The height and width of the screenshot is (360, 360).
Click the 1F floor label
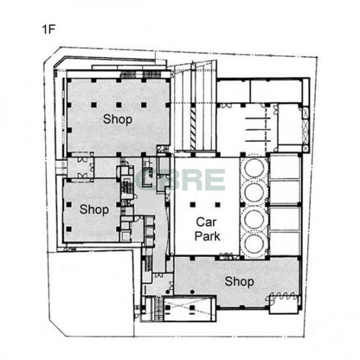[49, 29]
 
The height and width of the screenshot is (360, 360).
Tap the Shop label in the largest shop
[118, 119]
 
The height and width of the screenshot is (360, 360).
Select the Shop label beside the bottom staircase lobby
[240, 281]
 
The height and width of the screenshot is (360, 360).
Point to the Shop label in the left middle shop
[94, 210]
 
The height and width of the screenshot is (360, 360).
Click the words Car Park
[207, 229]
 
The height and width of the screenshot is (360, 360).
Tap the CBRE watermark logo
[180, 180]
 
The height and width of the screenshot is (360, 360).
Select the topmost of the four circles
[254, 167]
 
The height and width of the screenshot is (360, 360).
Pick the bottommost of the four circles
[254, 244]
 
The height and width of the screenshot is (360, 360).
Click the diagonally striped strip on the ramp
[193, 128]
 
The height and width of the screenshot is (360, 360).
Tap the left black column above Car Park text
[193, 204]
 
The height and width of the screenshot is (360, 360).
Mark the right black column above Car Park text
[218, 204]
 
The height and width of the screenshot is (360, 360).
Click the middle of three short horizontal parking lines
[258, 130]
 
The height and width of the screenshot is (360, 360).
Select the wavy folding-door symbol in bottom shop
[281, 296]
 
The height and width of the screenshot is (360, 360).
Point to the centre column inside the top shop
[118, 105]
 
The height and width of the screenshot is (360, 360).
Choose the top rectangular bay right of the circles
[285, 167]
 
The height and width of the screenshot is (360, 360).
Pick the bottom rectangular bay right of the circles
[285, 244]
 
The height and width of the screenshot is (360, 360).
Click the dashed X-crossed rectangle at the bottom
[190, 309]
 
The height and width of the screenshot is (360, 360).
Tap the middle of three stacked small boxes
[150, 232]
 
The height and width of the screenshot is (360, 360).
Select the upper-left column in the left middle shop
[69, 204]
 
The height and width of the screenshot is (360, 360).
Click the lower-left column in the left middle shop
[69, 229]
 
